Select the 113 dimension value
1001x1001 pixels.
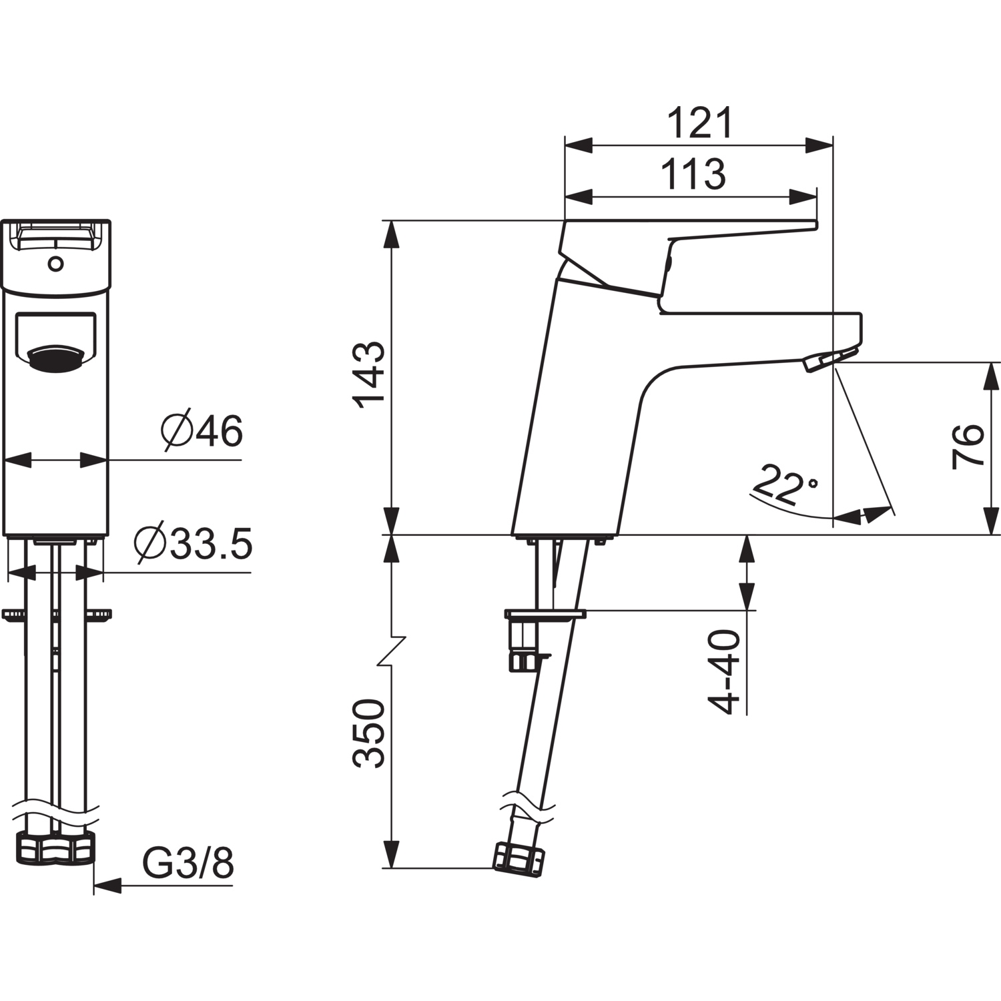click(x=693, y=174)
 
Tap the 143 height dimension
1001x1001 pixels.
click(x=369, y=375)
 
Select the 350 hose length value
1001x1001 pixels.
click(x=369, y=733)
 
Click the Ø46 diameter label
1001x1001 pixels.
click(x=202, y=432)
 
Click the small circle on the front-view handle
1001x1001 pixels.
click(x=56, y=264)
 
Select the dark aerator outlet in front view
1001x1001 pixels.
click(x=56, y=358)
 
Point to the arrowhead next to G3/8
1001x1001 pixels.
click(x=107, y=886)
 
